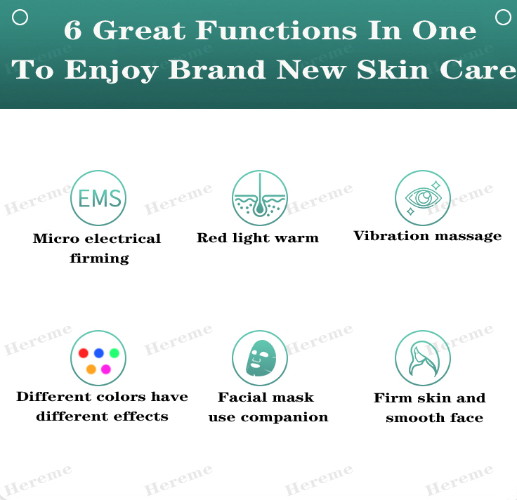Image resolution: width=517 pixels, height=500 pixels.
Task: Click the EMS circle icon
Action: point(99,198)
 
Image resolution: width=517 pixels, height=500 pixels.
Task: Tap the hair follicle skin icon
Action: point(260,198)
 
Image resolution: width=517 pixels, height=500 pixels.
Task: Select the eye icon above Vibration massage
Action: point(422,198)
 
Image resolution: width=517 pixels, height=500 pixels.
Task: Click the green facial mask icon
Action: point(260,358)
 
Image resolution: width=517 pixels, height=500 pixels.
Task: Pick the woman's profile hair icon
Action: point(422,358)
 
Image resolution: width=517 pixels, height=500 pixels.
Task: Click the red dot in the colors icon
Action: point(84,353)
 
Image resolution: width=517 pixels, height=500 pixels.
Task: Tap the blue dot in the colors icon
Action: point(99,353)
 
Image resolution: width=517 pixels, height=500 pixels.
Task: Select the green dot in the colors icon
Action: point(114,353)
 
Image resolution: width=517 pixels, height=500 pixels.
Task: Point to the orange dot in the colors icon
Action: point(91,369)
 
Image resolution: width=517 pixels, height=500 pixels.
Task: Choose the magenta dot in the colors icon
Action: point(106,369)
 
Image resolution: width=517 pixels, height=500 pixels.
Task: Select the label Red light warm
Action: point(258,238)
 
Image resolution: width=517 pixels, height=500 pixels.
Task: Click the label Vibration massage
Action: point(428,236)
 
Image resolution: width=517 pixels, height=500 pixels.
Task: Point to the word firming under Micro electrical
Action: point(100,258)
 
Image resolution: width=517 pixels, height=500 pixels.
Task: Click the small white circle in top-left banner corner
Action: point(20,17)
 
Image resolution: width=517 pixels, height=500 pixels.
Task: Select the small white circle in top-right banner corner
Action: point(503,17)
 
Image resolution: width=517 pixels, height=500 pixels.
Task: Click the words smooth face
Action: point(434,418)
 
